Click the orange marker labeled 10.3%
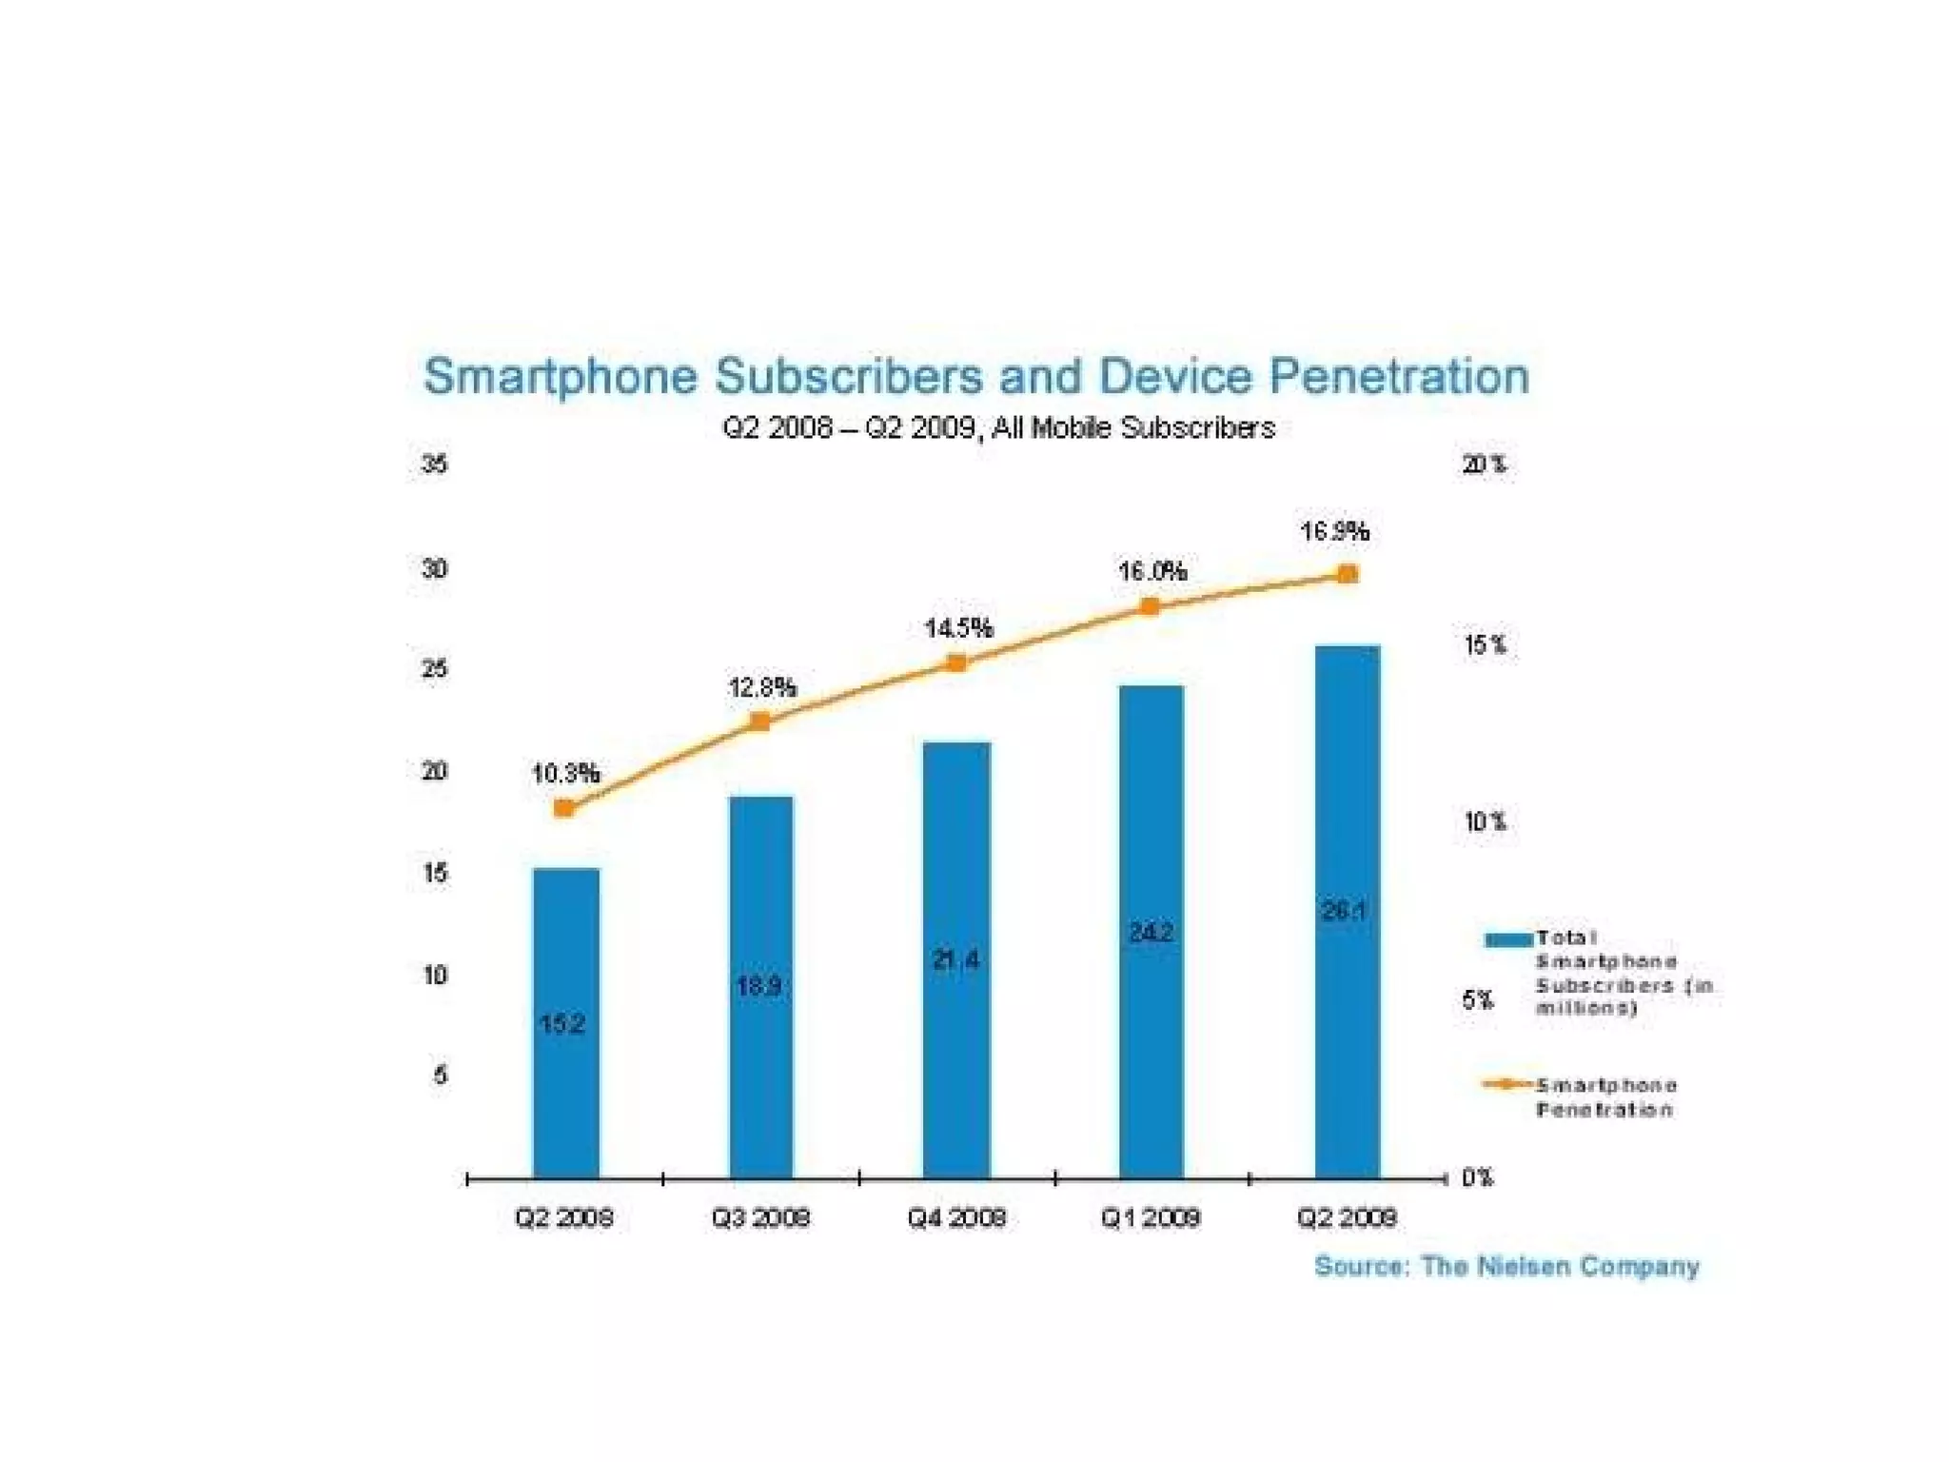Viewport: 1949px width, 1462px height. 563,808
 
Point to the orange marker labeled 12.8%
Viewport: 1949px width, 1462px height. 760,721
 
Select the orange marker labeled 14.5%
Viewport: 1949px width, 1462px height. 957,663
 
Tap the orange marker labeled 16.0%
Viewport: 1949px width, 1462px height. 1151,606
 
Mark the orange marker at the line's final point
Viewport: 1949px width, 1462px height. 1348,574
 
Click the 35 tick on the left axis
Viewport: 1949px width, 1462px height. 435,464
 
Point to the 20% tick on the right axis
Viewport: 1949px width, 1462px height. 1485,464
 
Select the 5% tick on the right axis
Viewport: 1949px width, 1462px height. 1478,999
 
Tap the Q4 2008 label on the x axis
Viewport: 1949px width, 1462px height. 956,1217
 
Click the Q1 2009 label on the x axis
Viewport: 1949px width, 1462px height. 1151,1217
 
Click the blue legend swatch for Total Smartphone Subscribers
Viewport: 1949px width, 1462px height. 1508,940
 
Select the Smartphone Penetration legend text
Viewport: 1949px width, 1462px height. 1606,1097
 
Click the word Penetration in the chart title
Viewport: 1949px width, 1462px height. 1399,376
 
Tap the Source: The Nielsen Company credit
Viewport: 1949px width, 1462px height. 1506,1266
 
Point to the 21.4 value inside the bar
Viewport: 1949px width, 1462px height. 956,959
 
